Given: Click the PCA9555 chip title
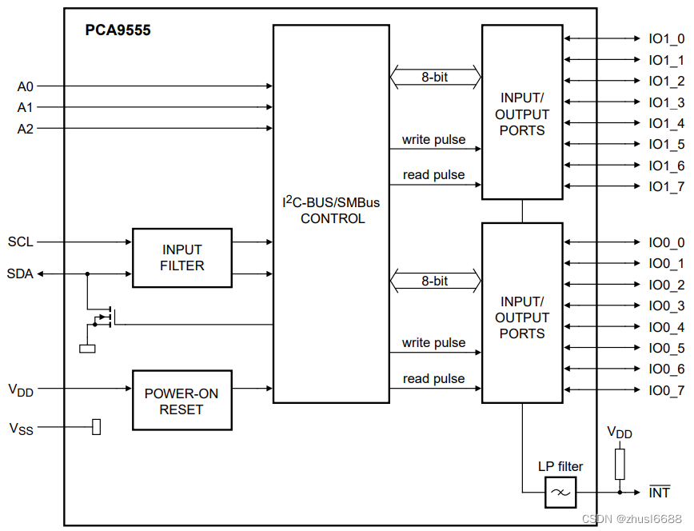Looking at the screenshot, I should click(118, 31).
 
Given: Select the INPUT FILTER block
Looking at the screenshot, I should click(181, 258).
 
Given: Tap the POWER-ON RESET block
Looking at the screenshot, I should click(181, 401).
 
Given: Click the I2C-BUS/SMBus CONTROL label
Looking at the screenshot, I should click(332, 210).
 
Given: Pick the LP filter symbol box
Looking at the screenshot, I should click(560, 493).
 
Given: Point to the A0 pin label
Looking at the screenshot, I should click(25, 86).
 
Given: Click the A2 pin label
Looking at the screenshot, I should click(25, 128).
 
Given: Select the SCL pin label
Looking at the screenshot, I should click(21, 241).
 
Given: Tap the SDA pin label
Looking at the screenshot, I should click(21, 273).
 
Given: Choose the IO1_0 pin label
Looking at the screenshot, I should click(665, 38).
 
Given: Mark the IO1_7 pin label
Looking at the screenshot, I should click(665, 186).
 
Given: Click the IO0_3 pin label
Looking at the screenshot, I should click(665, 305).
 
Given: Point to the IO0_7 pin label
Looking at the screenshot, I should click(665, 390).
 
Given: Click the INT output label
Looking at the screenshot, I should click(659, 493).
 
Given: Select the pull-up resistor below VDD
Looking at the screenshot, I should click(620, 464).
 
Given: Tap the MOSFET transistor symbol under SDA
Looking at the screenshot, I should click(105, 318).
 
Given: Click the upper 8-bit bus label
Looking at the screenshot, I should click(434, 78).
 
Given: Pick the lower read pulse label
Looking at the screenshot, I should click(433, 378).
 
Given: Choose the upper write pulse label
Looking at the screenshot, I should click(433, 139).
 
